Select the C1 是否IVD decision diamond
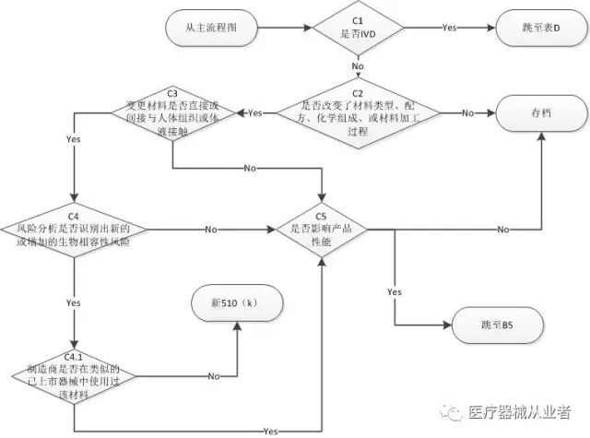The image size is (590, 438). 359,29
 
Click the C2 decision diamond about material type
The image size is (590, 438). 359,112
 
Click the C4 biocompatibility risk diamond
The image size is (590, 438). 73,228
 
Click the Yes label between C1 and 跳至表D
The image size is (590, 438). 450,29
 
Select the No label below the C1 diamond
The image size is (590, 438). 359,67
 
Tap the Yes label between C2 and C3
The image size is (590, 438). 255,112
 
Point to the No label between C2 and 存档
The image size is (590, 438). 466,112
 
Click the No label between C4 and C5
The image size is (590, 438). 210,228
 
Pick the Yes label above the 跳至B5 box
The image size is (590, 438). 395,291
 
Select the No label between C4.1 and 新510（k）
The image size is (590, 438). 213,376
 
